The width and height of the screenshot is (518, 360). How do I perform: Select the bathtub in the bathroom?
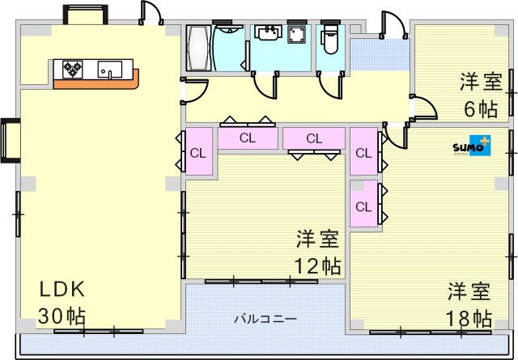198,49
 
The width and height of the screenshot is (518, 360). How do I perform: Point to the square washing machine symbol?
296,35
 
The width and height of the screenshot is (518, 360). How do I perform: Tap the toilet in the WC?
329,36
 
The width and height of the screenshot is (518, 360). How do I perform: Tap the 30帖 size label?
63,316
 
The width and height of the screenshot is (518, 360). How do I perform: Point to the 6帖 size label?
481,107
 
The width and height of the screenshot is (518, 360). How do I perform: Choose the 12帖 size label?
316,265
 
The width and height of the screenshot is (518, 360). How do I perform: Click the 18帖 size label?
469,316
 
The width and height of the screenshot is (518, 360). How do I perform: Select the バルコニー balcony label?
266,319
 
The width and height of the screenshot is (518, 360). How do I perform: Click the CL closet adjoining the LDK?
198,151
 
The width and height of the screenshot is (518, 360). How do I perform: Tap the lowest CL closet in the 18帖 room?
363,206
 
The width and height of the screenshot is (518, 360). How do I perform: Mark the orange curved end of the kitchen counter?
132,79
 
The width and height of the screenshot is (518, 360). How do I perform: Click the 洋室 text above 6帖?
481,82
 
